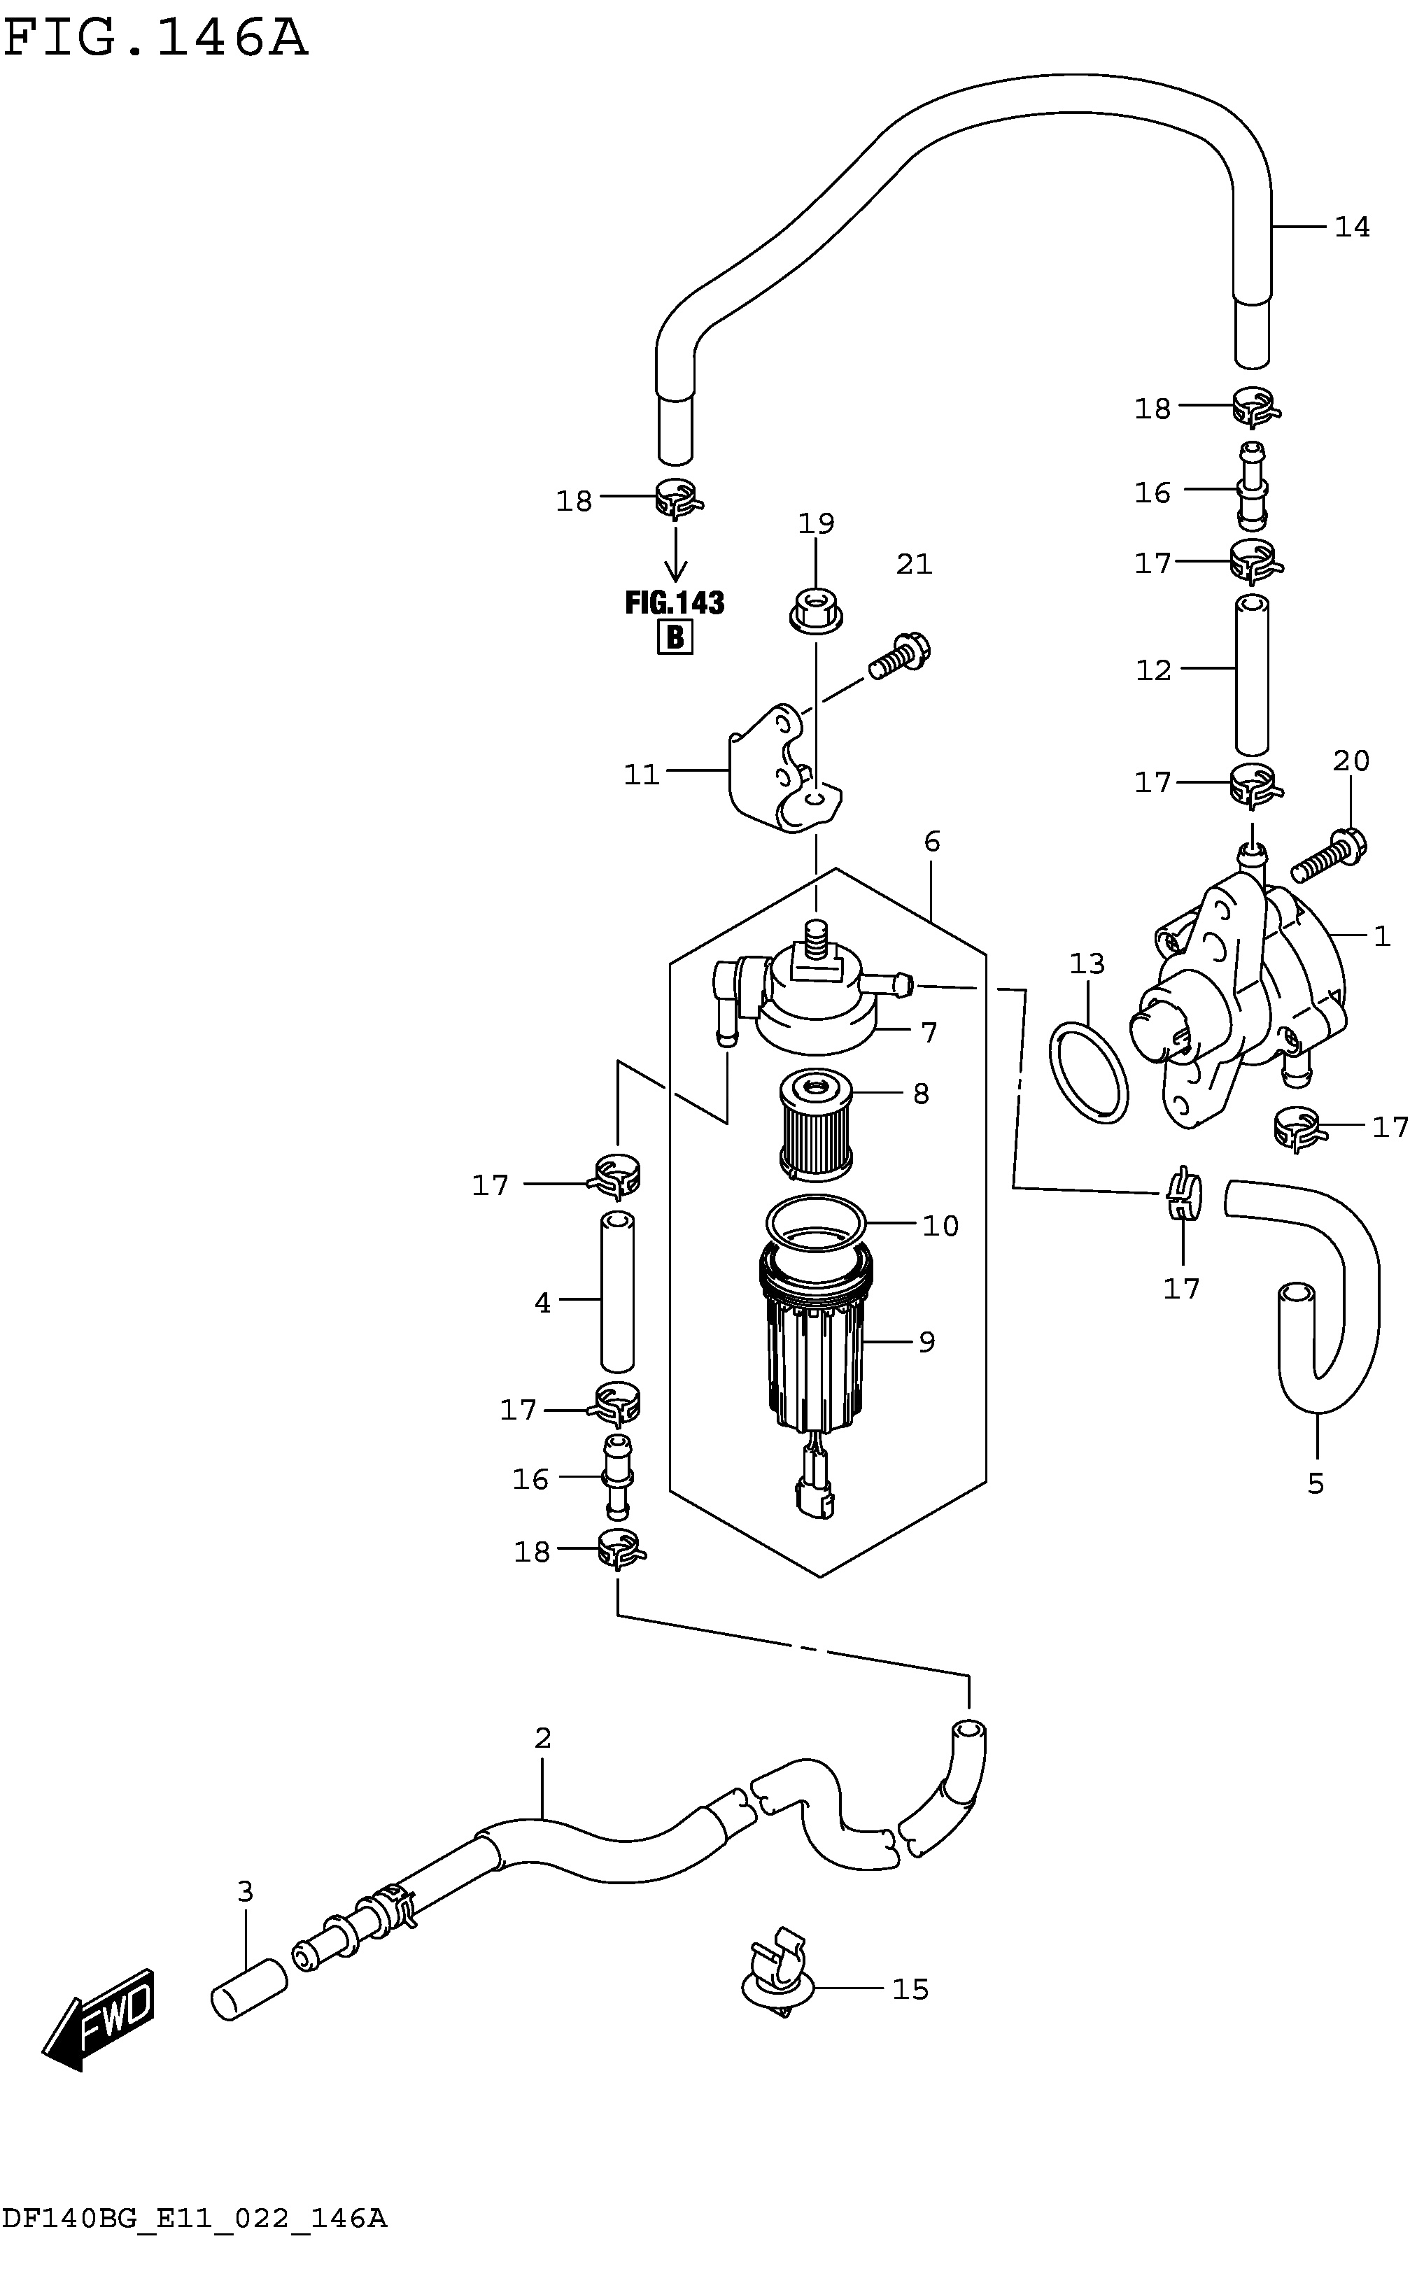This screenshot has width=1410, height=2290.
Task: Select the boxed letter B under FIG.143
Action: coord(675,638)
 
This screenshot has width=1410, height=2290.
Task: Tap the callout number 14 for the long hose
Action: coord(1351,227)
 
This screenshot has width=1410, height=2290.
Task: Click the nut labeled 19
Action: coord(816,612)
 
